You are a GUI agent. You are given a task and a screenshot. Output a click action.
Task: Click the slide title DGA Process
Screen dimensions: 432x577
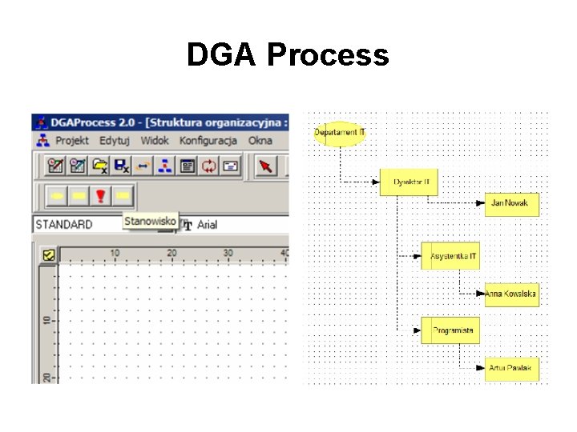[x=288, y=55]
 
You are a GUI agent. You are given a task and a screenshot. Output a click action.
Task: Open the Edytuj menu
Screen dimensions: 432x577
[x=115, y=141]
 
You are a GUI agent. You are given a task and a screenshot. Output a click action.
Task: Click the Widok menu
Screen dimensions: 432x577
[x=155, y=141]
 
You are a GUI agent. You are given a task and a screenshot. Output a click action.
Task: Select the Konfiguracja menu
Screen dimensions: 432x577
[x=208, y=141]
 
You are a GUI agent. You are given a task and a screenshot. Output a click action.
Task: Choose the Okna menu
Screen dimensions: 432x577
[x=260, y=141]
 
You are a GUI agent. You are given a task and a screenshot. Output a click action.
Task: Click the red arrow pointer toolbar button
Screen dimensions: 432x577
[x=265, y=166]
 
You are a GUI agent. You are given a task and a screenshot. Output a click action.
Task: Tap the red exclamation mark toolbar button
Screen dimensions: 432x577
[x=100, y=195]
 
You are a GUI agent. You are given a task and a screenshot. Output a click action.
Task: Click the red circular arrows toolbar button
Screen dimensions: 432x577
[x=209, y=166]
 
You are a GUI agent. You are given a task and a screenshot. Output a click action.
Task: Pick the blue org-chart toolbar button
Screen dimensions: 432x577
[x=165, y=166]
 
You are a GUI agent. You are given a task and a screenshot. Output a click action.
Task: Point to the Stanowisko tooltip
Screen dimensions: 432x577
[x=150, y=221]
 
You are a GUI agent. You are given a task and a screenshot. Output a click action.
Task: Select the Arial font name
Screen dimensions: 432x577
[x=207, y=225]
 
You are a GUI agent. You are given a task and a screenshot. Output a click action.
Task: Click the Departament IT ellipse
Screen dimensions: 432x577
[x=340, y=132]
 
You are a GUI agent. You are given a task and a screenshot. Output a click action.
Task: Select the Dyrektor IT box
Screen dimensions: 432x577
[x=410, y=182]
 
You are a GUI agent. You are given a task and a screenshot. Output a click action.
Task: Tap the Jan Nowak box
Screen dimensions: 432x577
[x=511, y=204]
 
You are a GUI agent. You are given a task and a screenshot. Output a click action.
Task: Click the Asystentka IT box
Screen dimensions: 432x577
[x=451, y=256]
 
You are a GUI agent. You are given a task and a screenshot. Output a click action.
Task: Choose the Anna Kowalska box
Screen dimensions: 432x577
[x=511, y=294]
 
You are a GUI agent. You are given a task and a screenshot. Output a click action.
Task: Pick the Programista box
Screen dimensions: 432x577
[x=450, y=330]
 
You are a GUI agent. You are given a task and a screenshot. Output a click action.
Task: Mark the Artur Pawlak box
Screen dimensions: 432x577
[x=511, y=369]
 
